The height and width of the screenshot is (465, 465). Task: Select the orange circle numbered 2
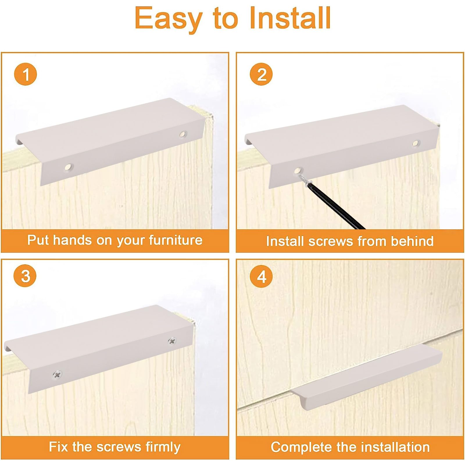[x=261, y=74]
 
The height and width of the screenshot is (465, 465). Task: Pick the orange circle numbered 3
[x=25, y=276]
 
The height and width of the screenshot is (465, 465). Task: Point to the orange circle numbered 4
[x=261, y=276]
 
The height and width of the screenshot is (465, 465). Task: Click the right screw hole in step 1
[x=183, y=134]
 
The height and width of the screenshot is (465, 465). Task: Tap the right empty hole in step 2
[x=416, y=143]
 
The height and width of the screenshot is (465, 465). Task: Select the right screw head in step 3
[x=172, y=341]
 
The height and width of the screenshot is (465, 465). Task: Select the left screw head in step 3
[x=57, y=375]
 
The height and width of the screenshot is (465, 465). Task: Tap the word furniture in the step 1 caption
[x=176, y=240]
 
